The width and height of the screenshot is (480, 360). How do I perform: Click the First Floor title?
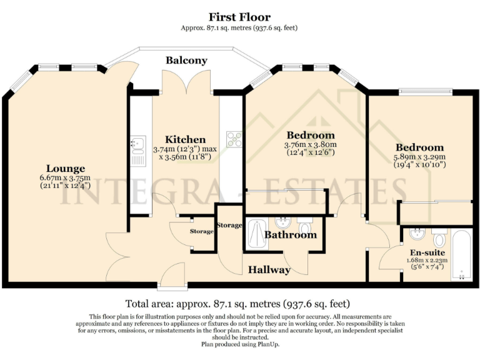[x=240, y=16]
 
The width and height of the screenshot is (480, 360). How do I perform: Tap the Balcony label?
[x=186, y=61]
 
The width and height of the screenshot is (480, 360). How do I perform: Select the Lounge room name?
[x=65, y=168]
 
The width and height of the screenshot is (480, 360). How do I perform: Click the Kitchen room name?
[x=185, y=139]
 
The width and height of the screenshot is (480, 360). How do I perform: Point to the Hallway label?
[x=269, y=270]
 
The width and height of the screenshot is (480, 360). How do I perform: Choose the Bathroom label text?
[x=290, y=235]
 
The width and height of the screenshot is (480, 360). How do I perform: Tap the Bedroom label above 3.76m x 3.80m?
[x=311, y=135]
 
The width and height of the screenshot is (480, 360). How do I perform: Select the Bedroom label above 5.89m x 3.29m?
[x=419, y=148]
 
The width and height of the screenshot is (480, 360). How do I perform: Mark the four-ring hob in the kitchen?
[x=235, y=139]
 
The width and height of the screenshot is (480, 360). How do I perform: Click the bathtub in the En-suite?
[x=462, y=256]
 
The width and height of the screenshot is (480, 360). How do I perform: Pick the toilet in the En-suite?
[x=439, y=238]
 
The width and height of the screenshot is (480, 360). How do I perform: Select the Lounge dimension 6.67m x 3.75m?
[x=65, y=177]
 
